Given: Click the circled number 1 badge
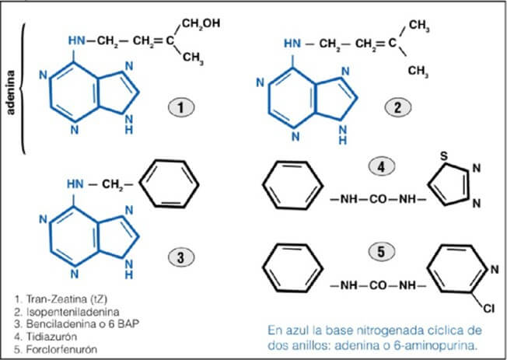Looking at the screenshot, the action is tap(180, 107).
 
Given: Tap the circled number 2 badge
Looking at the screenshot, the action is tap(397, 107).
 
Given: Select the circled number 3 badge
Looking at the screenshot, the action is tap(180, 258).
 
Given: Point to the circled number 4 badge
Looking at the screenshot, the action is tap(382, 167).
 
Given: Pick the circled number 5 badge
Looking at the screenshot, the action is tap(382, 252).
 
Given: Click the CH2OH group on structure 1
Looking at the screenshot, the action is tap(201, 23).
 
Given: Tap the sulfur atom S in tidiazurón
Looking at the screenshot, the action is tap(444, 156).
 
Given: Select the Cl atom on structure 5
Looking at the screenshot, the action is tap(489, 309).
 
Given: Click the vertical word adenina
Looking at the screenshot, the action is tap(11, 93).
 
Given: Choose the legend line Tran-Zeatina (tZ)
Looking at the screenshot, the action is tap(61, 299).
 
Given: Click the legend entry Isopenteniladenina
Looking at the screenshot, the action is tap(67, 312).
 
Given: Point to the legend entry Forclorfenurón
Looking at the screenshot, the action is tap(56, 349).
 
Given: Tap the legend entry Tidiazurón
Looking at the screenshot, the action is tap(46, 337).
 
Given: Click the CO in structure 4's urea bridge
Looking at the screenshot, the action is tap(379, 200).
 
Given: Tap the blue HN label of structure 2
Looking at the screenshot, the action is tap(292, 44).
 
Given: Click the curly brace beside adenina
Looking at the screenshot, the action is tap(22, 88).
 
